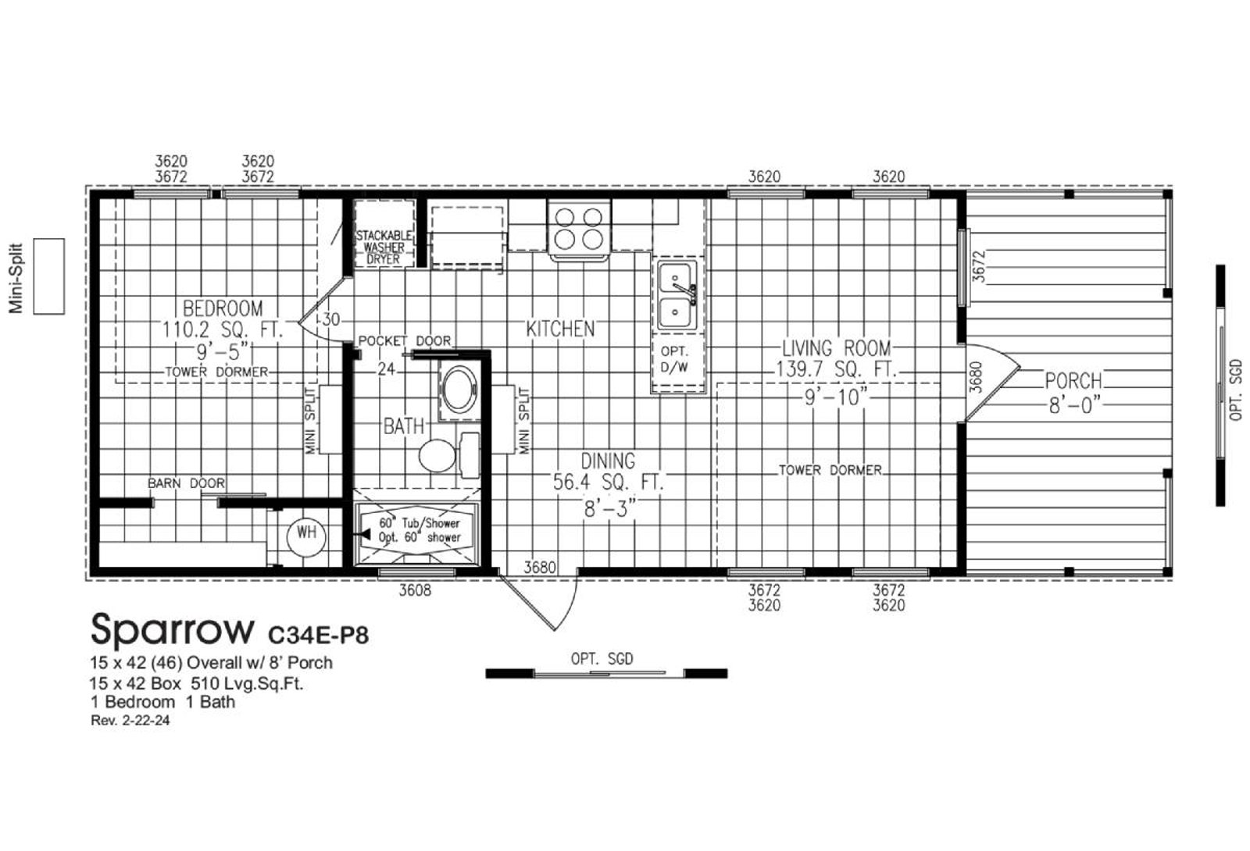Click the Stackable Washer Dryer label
384,247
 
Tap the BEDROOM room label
223,308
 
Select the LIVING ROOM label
836,348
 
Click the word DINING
608,461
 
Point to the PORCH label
1073,382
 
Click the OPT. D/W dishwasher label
674,360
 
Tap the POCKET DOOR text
405,340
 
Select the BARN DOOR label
187,483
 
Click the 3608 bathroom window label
415,590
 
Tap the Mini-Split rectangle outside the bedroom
49,276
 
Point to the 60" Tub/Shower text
420,523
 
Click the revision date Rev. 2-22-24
130,721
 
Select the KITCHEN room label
560,329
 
